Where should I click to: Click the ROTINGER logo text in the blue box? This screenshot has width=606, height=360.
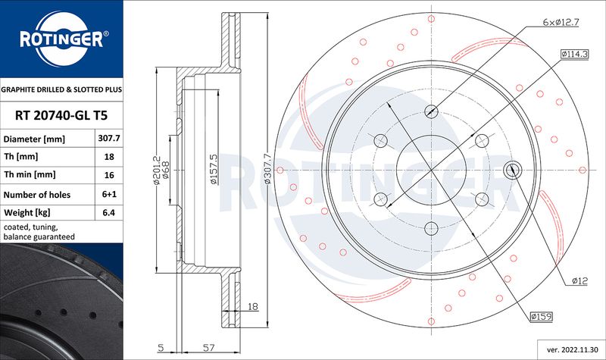(62, 39)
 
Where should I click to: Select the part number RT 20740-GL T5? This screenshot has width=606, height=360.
(61, 115)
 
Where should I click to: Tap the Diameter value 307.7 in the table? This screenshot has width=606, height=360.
(109, 138)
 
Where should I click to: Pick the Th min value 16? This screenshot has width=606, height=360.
(109, 175)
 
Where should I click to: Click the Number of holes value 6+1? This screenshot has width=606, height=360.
(109, 194)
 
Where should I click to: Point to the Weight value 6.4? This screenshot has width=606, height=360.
(109, 212)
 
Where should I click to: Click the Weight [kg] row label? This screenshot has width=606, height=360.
(27, 212)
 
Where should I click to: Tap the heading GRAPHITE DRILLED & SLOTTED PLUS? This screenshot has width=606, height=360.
(61, 89)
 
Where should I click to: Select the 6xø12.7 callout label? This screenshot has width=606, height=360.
(561, 22)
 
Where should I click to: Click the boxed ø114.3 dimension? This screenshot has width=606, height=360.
(575, 54)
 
